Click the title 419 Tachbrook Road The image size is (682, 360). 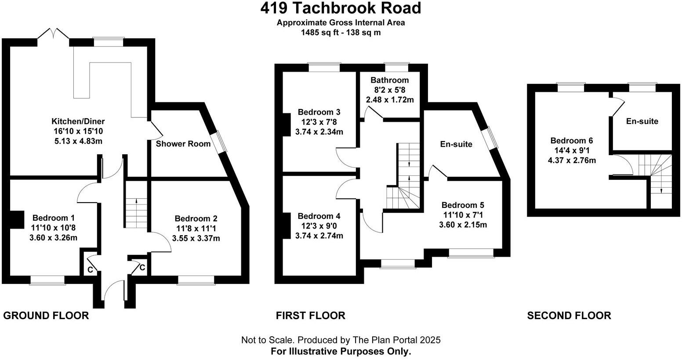[341, 8]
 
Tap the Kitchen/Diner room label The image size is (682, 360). [78, 121]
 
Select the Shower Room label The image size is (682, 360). [183, 144]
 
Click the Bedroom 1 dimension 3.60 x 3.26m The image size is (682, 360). [54, 238]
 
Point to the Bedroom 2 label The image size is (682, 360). [196, 218]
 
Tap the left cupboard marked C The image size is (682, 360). [90, 269]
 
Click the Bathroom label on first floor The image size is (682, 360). [389, 80]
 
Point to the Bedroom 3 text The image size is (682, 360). [319, 112]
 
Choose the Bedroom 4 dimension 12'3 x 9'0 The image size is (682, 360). [319, 226]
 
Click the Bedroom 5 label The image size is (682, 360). [463, 205]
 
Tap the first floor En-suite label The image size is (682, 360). [456, 144]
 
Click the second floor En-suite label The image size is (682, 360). [642, 121]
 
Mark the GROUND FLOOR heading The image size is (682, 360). [46, 315]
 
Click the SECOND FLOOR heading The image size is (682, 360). [569, 315]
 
